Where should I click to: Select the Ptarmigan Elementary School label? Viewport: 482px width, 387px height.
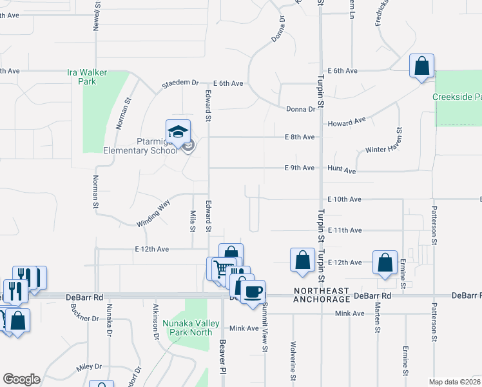pyautogui.click(x=140, y=146)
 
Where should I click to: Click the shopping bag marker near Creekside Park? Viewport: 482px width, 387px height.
pyautogui.click(x=421, y=66)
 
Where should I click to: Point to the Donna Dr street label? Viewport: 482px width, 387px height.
pyautogui.click(x=301, y=109)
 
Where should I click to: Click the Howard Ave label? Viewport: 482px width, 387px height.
pyautogui.click(x=347, y=122)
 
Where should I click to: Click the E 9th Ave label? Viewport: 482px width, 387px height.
pyautogui.click(x=300, y=168)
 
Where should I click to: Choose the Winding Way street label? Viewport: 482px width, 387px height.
pyautogui.click(x=153, y=213)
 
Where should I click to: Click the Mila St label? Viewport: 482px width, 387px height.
pyautogui.click(x=192, y=221)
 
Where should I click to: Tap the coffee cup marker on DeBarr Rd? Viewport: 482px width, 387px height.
pyautogui.click(x=253, y=292)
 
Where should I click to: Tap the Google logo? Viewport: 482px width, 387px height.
pyautogui.click(x=21, y=379)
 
